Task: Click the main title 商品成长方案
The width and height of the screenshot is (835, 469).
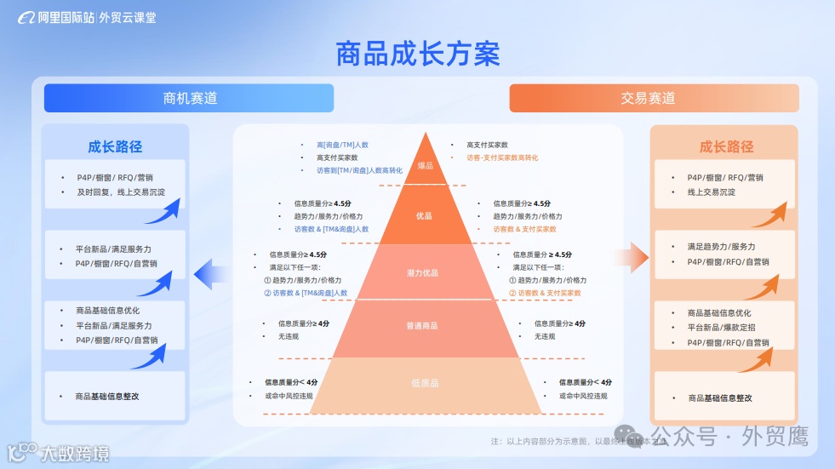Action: coord(417,54)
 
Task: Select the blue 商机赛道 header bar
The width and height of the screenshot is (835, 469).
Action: coord(189,98)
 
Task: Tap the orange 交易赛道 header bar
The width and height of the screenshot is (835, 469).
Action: coord(653,98)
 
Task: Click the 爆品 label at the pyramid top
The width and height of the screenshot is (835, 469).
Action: coord(425,165)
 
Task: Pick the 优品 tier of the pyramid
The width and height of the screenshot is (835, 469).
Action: coord(424,216)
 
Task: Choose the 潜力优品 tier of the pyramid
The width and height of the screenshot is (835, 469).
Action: coord(423,273)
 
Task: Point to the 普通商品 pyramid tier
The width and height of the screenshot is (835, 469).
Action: coord(423,326)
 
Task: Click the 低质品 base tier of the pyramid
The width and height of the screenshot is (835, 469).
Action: coord(424,383)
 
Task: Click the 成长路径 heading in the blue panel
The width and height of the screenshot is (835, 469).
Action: coord(115,146)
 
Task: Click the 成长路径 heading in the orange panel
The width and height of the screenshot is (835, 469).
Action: coord(726,146)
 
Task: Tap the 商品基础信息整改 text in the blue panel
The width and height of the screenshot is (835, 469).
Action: coord(107,397)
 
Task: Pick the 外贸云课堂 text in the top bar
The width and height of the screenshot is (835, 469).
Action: coord(128,16)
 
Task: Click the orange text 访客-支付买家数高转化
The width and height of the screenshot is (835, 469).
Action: coord(501,157)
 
